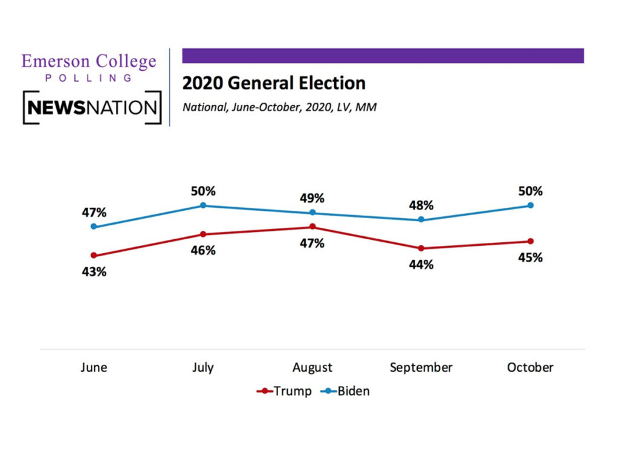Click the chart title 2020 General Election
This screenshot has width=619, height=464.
tap(274, 83)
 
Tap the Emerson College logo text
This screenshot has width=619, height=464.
tap(88, 62)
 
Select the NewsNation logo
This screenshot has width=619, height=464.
tap(92, 108)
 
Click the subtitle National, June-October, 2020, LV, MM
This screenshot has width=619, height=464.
tap(280, 108)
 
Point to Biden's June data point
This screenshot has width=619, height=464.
tap(94, 227)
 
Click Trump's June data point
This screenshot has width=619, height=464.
tap(94, 256)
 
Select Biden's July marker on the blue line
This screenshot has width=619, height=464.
tap(203, 205)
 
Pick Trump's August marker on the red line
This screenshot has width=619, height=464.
tap(313, 227)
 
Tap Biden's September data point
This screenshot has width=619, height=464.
tap(421, 220)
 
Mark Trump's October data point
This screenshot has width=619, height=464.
tap(531, 241)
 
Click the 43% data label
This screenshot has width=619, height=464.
tap(94, 272)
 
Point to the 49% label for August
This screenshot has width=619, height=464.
tap(313, 198)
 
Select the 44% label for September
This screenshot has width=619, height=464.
tap(421, 265)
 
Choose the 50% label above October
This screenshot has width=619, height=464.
tap(531, 191)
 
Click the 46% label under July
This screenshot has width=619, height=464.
tap(203, 250)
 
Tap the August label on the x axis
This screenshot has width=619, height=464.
tap(313, 367)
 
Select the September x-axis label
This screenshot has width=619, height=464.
tap(421, 367)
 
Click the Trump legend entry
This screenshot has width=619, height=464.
tap(285, 391)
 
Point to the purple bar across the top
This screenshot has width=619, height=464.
tap(383, 56)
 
